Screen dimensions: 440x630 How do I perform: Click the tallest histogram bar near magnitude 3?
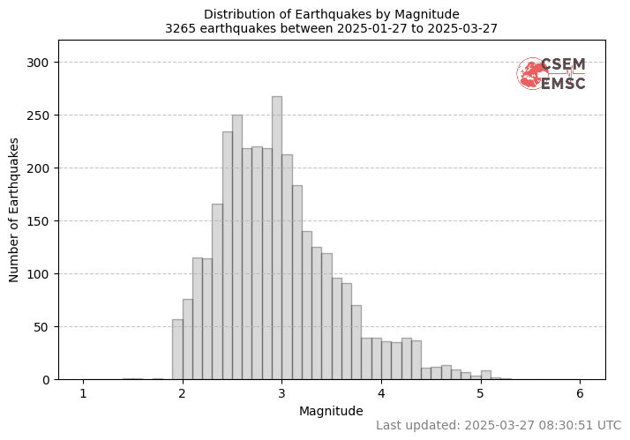click(x=276, y=238)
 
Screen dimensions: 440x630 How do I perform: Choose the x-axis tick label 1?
click(x=84, y=393)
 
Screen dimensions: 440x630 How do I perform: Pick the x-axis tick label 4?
click(x=381, y=393)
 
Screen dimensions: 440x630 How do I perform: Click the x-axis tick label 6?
click(x=580, y=393)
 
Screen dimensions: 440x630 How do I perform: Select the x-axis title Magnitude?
click(x=331, y=411)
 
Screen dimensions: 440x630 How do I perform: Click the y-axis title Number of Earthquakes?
click(x=15, y=209)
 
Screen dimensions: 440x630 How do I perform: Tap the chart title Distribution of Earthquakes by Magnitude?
click(x=332, y=14)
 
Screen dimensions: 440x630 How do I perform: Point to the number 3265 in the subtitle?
click(x=180, y=27)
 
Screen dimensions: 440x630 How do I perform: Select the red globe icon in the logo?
click(x=531, y=74)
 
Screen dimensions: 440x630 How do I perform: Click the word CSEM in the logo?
click(x=563, y=64)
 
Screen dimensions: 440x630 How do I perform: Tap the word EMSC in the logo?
click(x=563, y=84)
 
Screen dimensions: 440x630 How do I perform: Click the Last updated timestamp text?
click(x=499, y=425)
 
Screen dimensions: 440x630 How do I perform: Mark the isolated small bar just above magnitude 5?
click(x=485, y=376)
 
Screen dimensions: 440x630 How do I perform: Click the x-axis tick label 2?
click(x=183, y=393)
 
